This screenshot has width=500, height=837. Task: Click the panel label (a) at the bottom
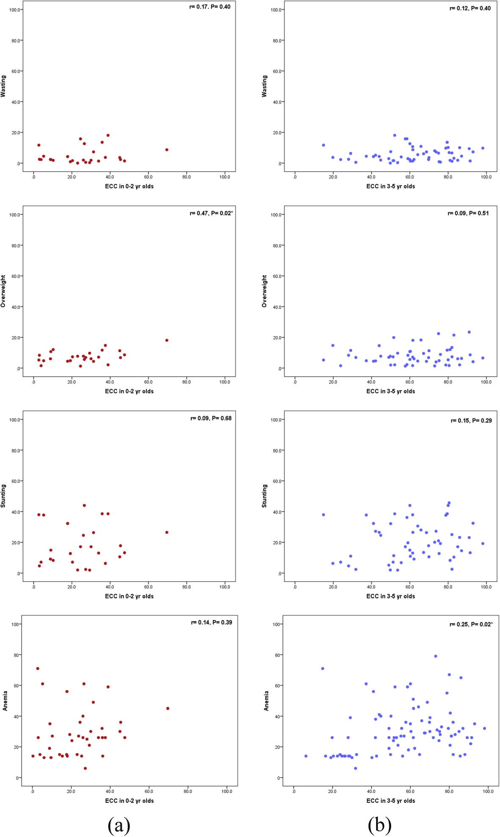tap(119, 825)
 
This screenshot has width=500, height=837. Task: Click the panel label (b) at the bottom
tap(380, 825)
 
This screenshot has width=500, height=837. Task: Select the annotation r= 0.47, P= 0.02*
tap(211, 213)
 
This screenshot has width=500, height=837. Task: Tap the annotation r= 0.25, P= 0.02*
tap(471, 624)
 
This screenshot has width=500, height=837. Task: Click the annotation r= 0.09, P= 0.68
tap(211, 418)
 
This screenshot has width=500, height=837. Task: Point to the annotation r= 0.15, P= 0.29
tap(471, 420)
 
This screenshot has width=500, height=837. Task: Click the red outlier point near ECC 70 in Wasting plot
tap(167, 150)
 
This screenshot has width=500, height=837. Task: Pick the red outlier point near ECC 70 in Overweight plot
tap(167, 340)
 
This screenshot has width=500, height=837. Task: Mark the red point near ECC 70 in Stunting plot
tap(167, 532)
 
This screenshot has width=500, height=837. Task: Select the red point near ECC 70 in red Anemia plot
tap(168, 708)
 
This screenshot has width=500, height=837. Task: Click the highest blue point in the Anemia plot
tap(436, 656)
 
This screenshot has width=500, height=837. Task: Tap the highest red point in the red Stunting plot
tap(84, 505)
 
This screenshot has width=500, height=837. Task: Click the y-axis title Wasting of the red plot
tap(3, 86)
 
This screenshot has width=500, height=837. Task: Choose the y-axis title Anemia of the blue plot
tap(266, 701)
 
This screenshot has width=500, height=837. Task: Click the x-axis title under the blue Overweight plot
tap(390, 391)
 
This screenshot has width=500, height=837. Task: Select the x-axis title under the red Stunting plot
tap(129, 596)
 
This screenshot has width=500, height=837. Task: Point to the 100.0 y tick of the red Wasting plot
tap(15, 10)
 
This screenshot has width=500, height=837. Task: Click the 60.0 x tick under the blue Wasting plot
tap(409, 177)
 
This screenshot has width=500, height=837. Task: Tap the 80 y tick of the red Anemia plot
tap(16, 655)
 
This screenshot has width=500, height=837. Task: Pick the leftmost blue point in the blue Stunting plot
tap(323, 515)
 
